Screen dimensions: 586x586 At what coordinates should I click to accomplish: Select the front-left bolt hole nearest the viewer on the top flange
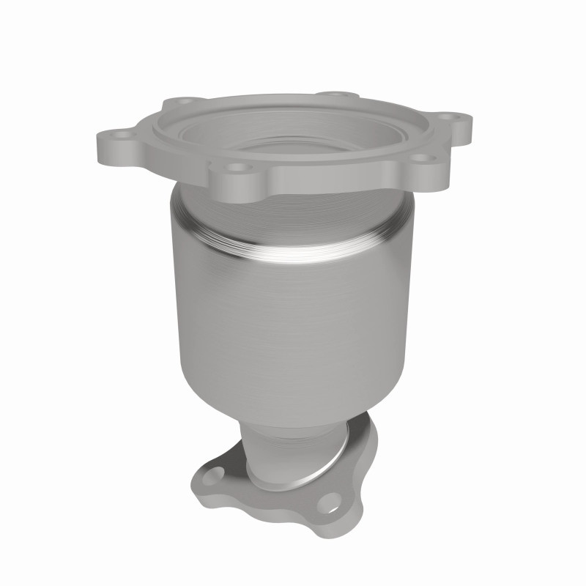pyautogui.click(x=236, y=168)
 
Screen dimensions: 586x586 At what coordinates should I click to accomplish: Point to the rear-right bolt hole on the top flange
pyautogui.click(x=335, y=95)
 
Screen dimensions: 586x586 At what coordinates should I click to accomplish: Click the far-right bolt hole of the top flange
pyautogui.click(x=459, y=117)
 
